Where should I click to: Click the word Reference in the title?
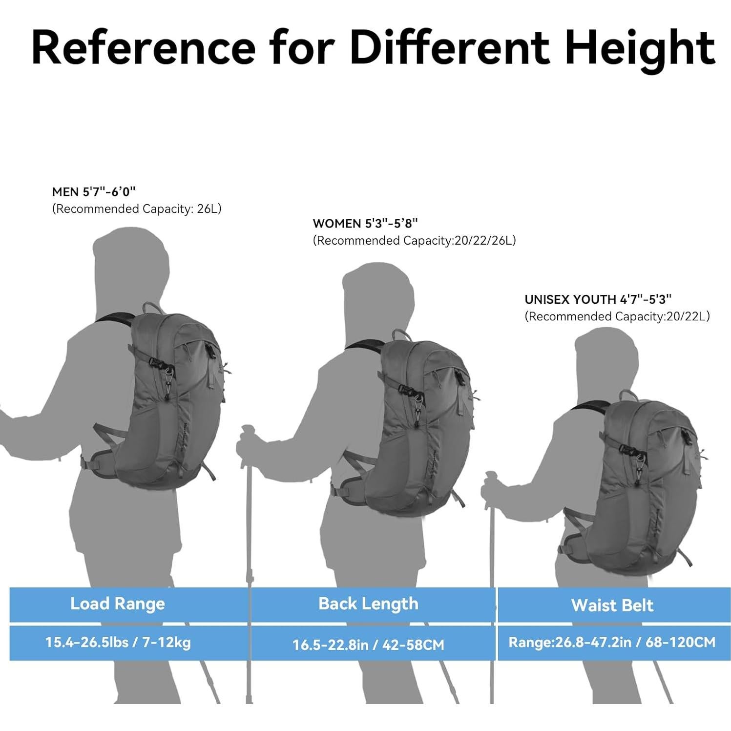tap(143, 47)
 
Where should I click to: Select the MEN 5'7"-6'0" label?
tap(93, 191)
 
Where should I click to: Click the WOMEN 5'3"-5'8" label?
tap(365, 223)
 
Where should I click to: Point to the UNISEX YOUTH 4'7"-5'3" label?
tap(598, 299)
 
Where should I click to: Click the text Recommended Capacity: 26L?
tap(137, 209)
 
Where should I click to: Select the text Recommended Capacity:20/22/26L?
tap(414, 241)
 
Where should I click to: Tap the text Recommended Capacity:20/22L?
tap(617, 316)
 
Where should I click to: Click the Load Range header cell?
tap(118, 604)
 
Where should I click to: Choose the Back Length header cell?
tap(368, 604)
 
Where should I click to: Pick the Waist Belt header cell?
tap(612, 606)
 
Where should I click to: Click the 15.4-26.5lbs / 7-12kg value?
tap(118, 642)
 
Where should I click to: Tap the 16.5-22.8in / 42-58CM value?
tap(368, 645)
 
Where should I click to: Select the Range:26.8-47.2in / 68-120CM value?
tap(612, 642)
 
